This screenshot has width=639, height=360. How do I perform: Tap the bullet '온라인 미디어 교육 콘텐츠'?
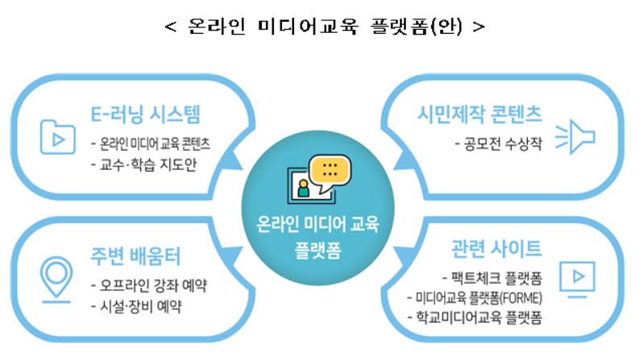tap(152, 144)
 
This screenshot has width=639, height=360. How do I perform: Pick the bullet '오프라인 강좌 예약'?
tap(149, 286)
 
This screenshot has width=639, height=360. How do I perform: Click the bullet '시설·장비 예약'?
tap(137, 306)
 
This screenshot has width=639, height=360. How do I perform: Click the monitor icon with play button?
tap(575, 277)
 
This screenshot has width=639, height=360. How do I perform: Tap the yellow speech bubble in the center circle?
tap(331, 172)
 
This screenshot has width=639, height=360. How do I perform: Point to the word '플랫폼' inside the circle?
tap(318, 242)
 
